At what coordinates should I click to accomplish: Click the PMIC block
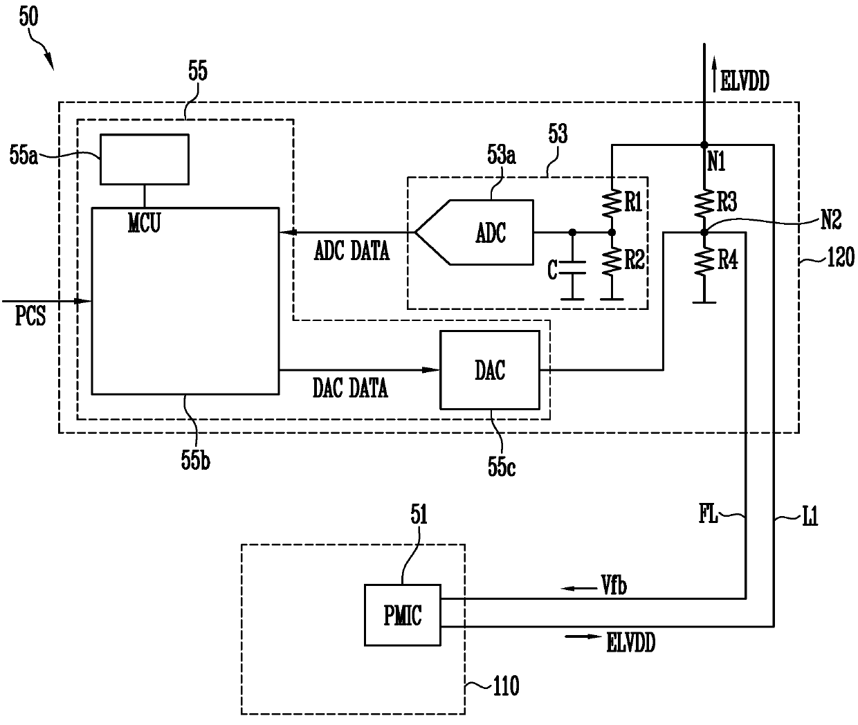pos(402,615)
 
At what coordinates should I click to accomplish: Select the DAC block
pos(490,369)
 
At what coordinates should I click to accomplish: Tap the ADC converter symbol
pos(474,232)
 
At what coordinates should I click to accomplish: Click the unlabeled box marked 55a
pos(145,159)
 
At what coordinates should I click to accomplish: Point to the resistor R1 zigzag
pos(612,203)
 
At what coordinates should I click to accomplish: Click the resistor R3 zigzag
pos(704,203)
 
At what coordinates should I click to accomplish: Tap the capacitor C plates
pos(572,268)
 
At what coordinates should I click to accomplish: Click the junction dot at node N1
pos(704,145)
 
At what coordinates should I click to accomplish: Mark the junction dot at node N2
pos(704,232)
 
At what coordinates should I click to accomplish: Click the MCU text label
pos(144,223)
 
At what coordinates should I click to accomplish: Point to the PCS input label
pos(30,316)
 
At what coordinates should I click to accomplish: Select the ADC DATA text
pos(352,251)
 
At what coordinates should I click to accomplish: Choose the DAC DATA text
pos(350,388)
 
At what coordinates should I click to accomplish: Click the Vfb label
pos(614,585)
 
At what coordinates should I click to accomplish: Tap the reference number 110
pos(506,686)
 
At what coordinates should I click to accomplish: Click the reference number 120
pos(841,257)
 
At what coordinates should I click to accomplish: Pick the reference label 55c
pos(502,467)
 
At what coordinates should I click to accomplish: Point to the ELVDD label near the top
pos(745,81)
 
